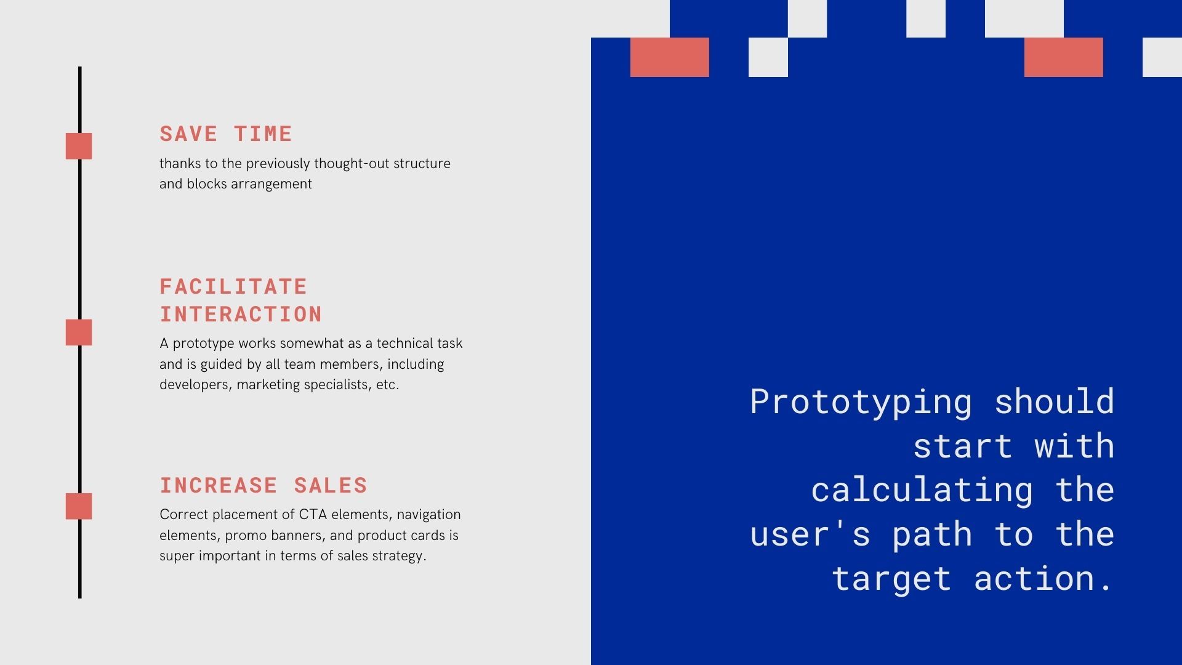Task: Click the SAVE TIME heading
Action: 226,134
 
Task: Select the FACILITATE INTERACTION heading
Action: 241,300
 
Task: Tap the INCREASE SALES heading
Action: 263,485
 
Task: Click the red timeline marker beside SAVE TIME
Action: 79,146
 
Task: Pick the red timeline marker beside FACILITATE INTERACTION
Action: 79,332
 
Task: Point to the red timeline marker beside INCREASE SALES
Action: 79,506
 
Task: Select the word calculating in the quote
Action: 922,490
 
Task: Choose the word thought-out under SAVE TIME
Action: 352,164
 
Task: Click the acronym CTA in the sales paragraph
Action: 313,514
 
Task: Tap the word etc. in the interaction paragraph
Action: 388,385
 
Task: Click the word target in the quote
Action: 891,579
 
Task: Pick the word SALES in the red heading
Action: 331,485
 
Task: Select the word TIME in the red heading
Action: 263,134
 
